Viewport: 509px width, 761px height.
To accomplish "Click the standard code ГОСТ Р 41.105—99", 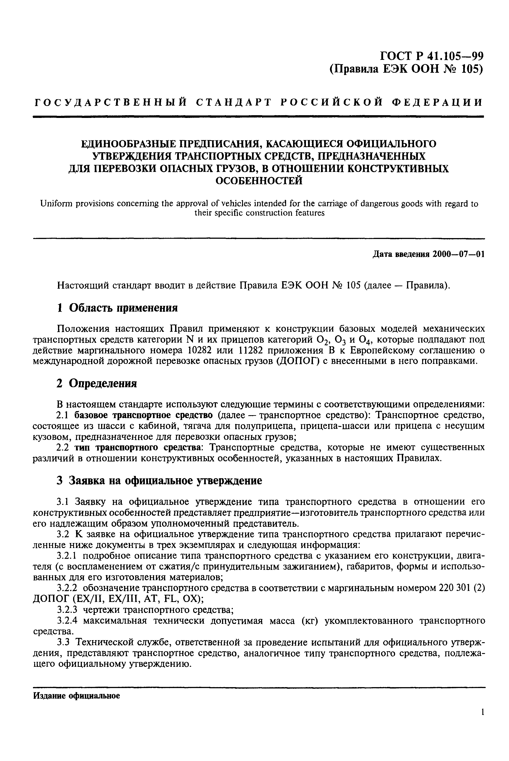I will coord(432,56).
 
